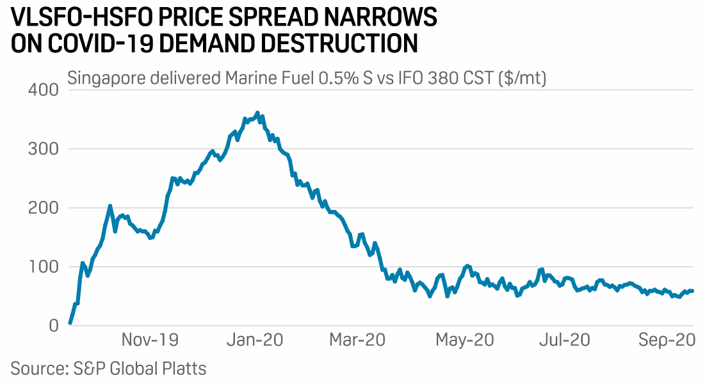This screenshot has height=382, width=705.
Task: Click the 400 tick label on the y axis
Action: pos(44,90)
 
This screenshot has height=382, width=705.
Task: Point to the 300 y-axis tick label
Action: pos(44,149)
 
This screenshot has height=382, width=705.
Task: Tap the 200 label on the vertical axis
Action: pos(44,208)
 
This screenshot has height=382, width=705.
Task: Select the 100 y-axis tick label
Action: pos(44,267)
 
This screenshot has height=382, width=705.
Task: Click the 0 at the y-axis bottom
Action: pos(54,326)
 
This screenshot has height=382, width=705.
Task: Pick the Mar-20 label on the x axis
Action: pos(357,340)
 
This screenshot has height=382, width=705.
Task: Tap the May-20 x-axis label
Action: pos(465,340)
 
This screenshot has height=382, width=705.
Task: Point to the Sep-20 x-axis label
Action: pos(667,340)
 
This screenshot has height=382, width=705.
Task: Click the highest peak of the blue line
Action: pos(257,113)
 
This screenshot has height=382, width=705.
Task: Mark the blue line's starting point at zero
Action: pos(70,324)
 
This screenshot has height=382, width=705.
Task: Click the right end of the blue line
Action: pos(693,291)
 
